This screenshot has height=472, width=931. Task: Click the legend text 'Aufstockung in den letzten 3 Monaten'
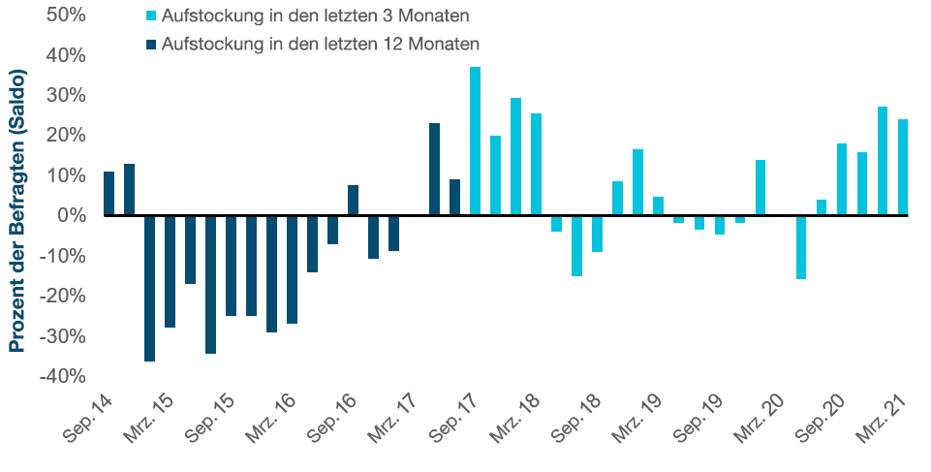pyautogui.click(x=317, y=16)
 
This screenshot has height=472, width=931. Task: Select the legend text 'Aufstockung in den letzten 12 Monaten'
pyautogui.click(x=321, y=44)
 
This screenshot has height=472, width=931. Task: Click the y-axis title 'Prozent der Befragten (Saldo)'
pyautogui.click(x=16, y=208)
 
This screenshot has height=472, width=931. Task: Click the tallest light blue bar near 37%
pyautogui.click(x=476, y=141)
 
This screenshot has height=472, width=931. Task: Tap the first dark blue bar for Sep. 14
pyautogui.click(x=109, y=193)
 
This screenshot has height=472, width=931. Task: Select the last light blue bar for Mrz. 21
pyautogui.click(x=902, y=167)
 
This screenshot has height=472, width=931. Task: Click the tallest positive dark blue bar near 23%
pyautogui.click(x=434, y=169)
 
